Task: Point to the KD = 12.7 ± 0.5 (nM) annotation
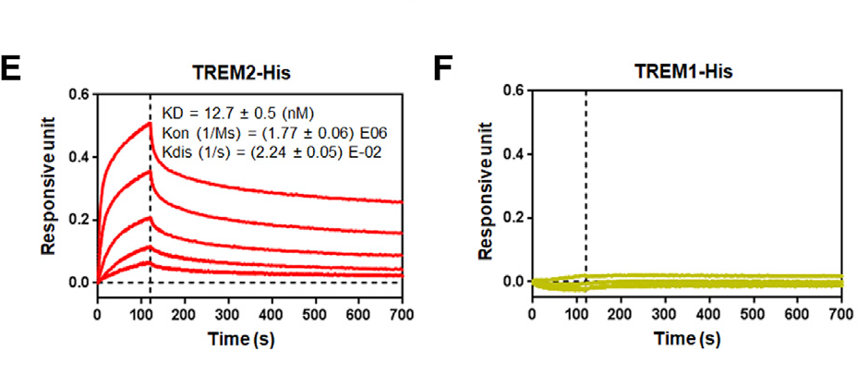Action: pyautogui.click(x=238, y=115)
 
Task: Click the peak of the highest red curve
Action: pyautogui.click(x=150, y=123)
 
